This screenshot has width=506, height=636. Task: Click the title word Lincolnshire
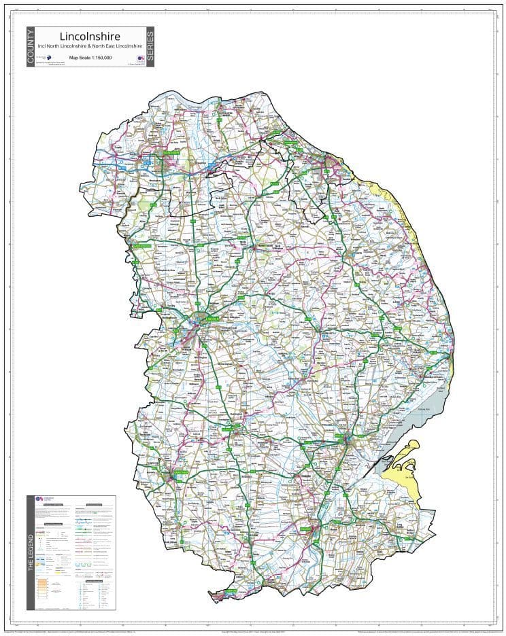90,35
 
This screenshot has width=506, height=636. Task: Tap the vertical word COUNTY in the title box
31,47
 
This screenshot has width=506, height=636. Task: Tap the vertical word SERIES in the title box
150,47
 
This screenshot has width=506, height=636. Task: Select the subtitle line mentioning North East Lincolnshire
90,46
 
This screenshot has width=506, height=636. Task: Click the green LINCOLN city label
213,317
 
